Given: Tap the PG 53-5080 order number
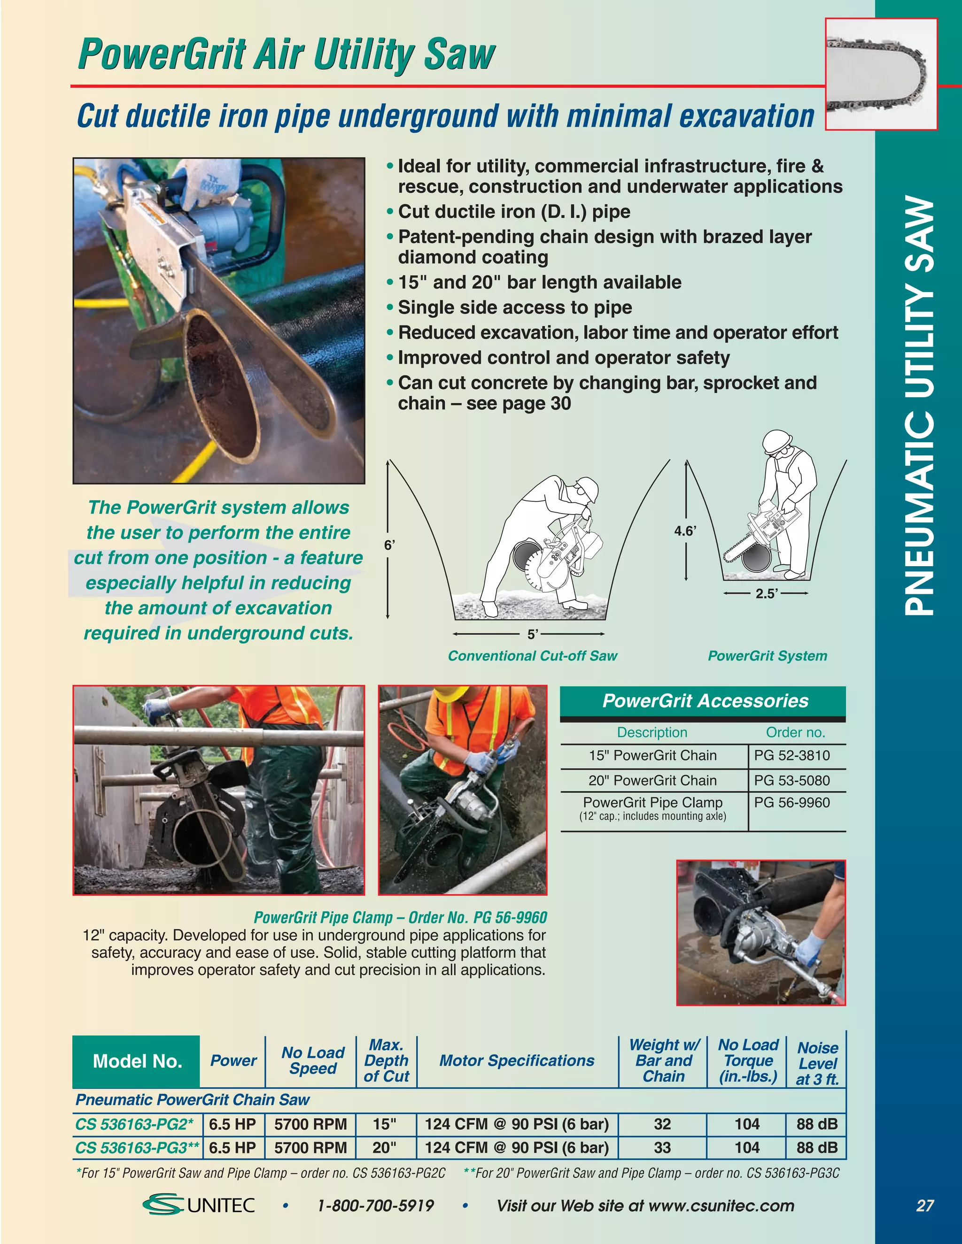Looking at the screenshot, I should (x=791, y=780).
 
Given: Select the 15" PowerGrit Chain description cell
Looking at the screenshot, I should (x=652, y=756).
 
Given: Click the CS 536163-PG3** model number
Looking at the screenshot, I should (x=137, y=1147).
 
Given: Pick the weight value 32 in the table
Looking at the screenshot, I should (x=662, y=1124).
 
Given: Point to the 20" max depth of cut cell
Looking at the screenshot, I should (x=385, y=1147).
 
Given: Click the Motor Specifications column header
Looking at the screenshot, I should (x=516, y=1060).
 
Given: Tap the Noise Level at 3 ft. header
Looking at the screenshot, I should (x=817, y=1063).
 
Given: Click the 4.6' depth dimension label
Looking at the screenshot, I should (x=685, y=531).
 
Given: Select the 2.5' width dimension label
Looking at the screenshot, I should (x=767, y=593).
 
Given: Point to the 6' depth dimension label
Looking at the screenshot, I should (x=388, y=545).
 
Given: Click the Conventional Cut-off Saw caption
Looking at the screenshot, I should (x=532, y=656).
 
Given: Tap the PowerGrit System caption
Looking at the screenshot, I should (x=767, y=656).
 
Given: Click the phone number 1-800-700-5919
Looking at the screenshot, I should (x=376, y=1205).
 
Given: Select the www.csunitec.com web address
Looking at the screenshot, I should (x=721, y=1205).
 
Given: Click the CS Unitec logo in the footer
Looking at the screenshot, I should (x=199, y=1205).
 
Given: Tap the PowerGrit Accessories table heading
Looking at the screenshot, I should (x=705, y=700).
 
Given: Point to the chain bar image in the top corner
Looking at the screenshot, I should (x=881, y=74).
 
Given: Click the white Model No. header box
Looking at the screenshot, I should (x=137, y=1061).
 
